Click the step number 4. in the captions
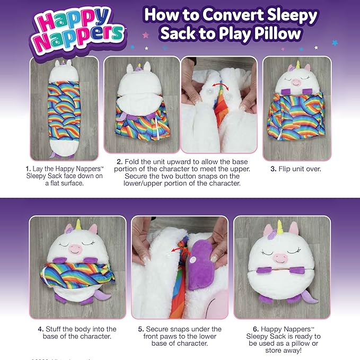click(x=41, y=329)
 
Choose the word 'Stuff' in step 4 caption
click(x=55, y=329)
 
